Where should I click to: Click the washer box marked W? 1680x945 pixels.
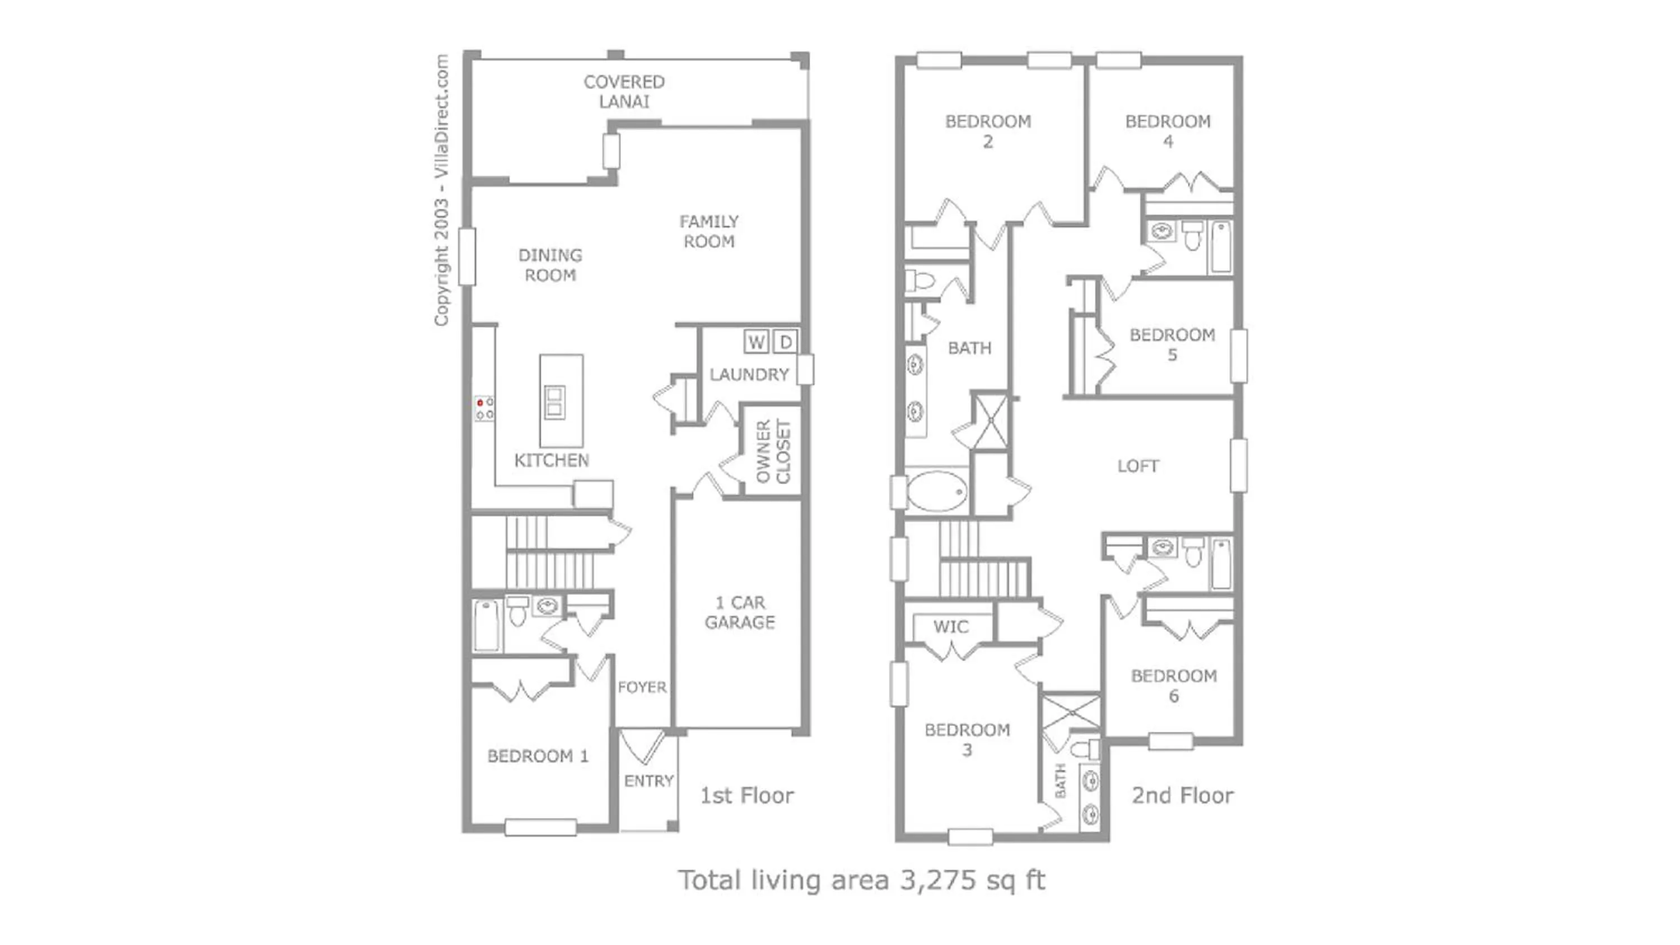click(756, 341)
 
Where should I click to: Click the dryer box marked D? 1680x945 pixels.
click(786, 341)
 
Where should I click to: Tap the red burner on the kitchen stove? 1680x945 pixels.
click(480, 403)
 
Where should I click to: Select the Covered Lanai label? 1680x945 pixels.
click(624, 91)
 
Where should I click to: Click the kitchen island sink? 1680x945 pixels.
click(555, 403)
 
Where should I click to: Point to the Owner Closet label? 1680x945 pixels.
click(773, 451)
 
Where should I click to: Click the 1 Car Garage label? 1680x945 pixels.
click(740, 612)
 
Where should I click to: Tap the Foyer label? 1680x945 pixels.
click(642, 687)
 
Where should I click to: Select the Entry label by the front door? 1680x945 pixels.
click(648, 780)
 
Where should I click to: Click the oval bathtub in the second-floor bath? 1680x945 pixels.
click(937, 491)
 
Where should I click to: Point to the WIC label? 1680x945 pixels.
click(951, 628)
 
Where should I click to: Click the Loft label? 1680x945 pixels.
click(1138, 466)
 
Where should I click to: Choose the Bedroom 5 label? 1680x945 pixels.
click(1172, 344)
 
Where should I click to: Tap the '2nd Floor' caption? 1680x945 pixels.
click(1182, 796)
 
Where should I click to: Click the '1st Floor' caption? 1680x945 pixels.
click(746, 796)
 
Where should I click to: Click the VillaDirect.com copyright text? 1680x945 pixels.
click(441, 190)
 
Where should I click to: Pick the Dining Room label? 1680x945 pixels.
click(550, 265)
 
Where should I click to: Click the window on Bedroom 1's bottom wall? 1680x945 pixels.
click(540, 827)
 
